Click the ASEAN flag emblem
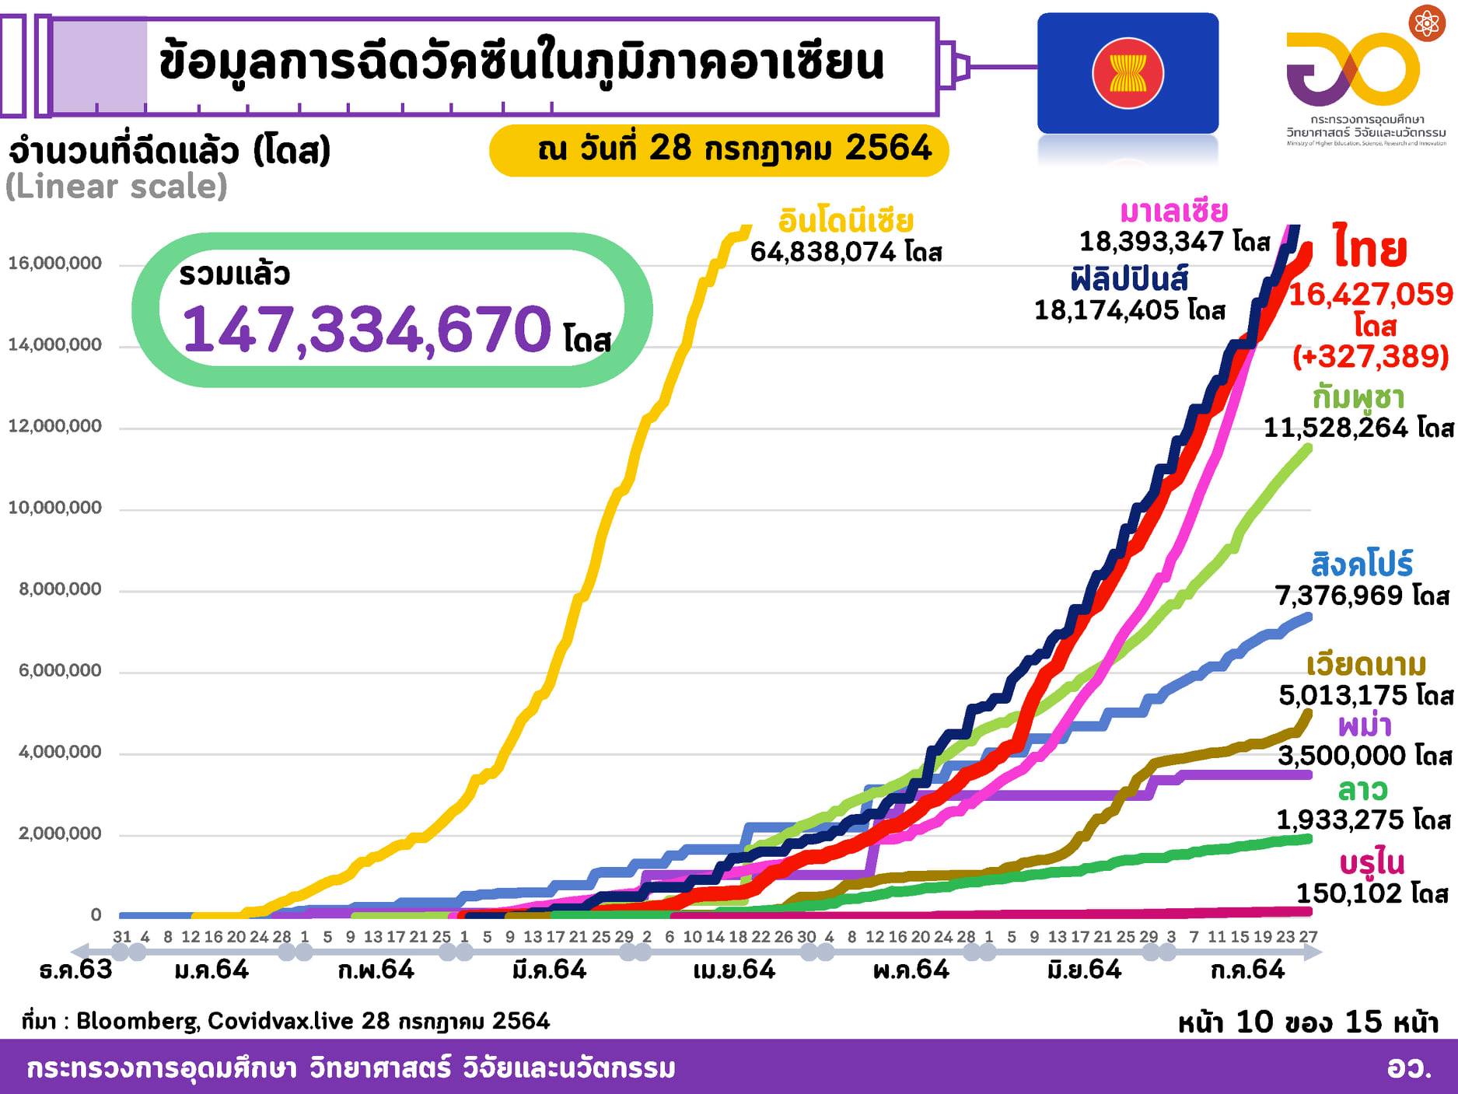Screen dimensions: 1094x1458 click(x=1128, y=73)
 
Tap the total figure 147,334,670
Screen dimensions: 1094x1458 click(x=366, y=329)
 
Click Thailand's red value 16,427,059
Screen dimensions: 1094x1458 click(x=1371, y=295)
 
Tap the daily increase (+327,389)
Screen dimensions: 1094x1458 click(x=1371, y=356)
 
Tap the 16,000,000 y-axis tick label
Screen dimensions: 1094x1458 click(x=55, y=264)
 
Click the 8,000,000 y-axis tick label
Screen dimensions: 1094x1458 click(x=61, y=589)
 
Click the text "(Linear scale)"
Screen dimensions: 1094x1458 click(x=117, y=187)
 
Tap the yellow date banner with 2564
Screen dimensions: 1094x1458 click(x=719, y=149)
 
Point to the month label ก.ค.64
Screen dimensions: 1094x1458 click(x=1247, y=970)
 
